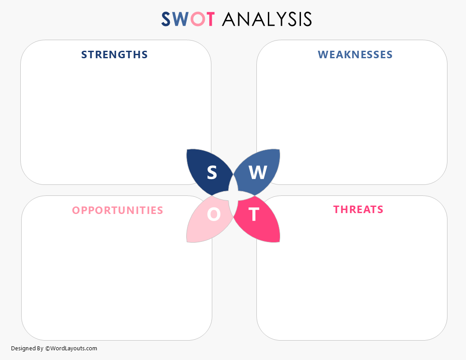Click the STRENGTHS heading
(114, 55)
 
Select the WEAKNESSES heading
(355, 55)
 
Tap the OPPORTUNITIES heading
(117, 210)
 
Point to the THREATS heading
(358, 210)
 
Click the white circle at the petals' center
(233, 196)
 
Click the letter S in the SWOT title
(166, 19)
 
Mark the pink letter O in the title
(197, 19)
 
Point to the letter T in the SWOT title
(210, 19)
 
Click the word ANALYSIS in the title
(267, 19)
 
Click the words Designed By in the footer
(27, 349)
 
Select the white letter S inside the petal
(212, 172)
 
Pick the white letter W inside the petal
(258, 173)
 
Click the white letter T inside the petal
(254, 214)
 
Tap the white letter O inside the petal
(214, 214)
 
